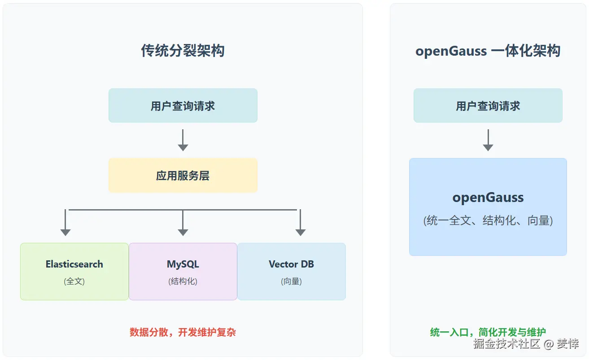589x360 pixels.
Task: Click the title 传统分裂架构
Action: pos(183,51)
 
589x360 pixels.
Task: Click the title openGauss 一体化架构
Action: pos(488,51)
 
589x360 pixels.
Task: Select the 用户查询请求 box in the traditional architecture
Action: pos(183,105)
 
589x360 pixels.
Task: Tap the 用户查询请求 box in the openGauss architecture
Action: pos(488,105)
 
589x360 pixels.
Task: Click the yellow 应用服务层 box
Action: pos(183,176)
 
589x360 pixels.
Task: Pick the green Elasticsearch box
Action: pos(74,271)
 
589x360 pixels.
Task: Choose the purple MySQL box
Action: pos(183,271)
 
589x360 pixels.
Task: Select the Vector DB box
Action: pos(291,271)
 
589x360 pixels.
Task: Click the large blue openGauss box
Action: pos(488,206)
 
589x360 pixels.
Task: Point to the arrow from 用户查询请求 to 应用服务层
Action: pos(183,140)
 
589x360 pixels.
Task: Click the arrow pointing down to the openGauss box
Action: pos(488,140)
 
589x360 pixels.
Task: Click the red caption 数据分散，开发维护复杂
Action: pos(183,332)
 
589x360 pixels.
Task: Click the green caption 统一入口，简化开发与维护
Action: pos(488,332)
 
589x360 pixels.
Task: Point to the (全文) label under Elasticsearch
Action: pos(74,281)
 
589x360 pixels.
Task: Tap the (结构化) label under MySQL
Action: pos(183,281)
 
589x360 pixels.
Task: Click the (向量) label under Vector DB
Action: pos(291,281)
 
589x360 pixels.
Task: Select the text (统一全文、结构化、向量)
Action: pos(488,220)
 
